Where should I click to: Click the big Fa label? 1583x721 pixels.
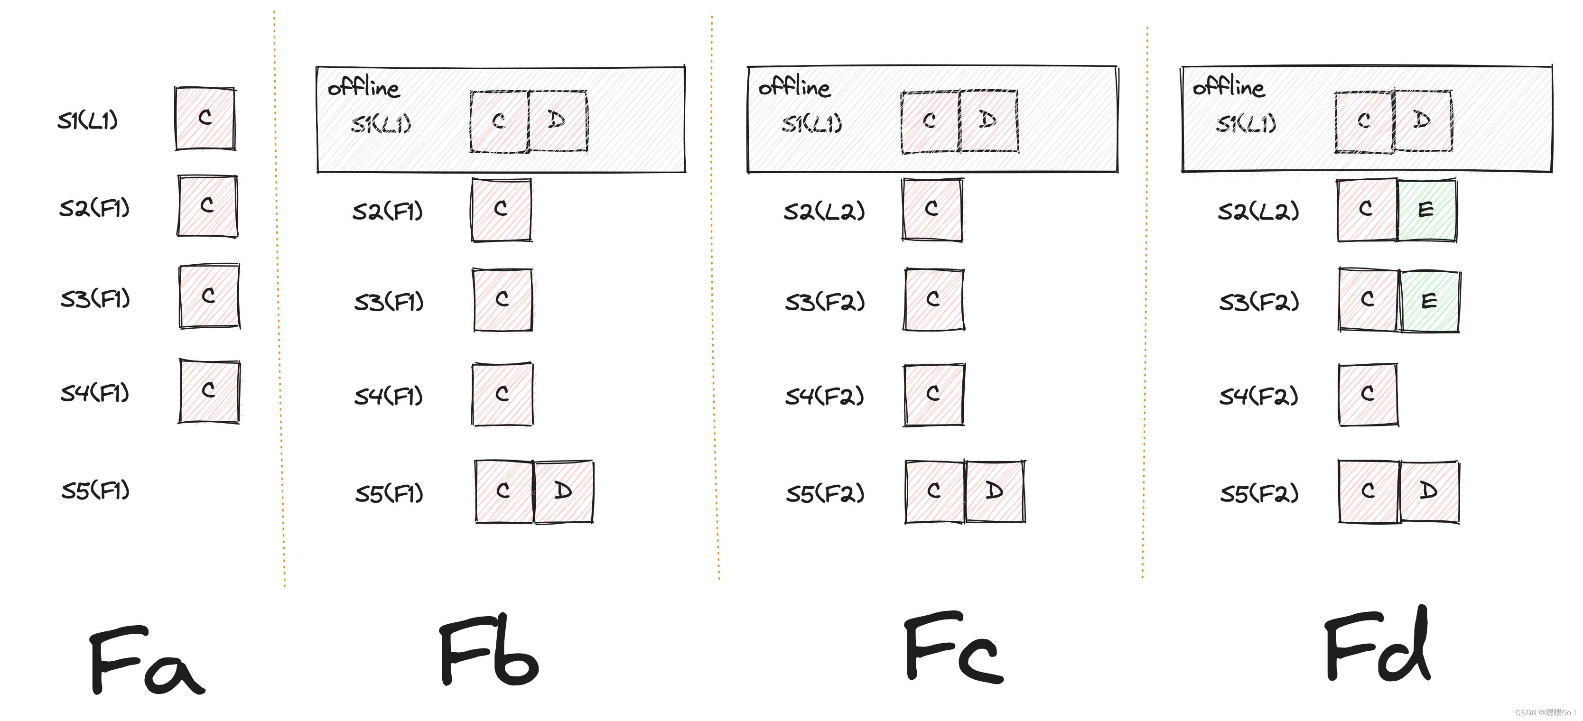click(146, 660)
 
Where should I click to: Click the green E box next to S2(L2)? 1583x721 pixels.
click(1426, 210)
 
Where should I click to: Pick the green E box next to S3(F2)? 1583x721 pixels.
click(1429, 301)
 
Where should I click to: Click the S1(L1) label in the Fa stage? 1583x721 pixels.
click(87, 120)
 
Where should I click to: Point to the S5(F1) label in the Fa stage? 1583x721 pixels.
click(95, 490)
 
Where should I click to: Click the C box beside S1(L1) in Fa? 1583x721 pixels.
click(205, 118)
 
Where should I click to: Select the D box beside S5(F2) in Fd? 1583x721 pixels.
click(1429, 491)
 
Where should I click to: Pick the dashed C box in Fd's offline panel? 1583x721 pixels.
click(1364, 121)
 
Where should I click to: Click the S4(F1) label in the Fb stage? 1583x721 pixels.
click(388, 396)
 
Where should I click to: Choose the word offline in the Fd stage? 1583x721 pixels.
click(1228, 87)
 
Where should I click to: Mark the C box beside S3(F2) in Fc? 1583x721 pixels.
click(933, 300)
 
